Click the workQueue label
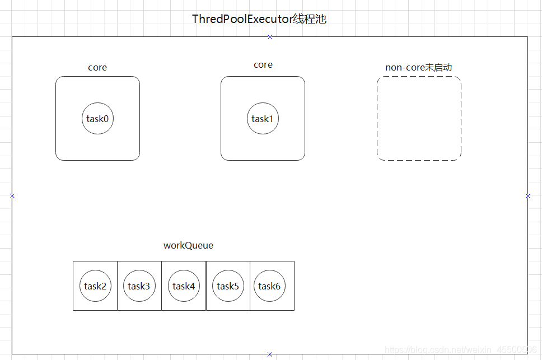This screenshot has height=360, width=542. pyautogui.click(x=188, y=245)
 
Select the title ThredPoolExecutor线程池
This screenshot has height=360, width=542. pyautogui.click(x=259, y=19)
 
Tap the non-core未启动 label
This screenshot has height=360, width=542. pyautogui.click(x=419, y=67)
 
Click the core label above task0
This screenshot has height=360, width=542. pyautogui.click(x=97, y=67)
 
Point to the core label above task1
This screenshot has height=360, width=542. pyautogui.click(x=263, y=64)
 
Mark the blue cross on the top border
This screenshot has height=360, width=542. pyautogui.click(x=270, y=37)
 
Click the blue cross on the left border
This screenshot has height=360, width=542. pyautogui.click(x=12, y=196)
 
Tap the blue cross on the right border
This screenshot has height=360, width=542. pyautogui.click(x=528, y=196)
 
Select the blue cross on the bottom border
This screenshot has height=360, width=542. pyautogui.click(x=270, y=354)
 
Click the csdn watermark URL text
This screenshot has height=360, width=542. pyautogui.click(x=461, y=349)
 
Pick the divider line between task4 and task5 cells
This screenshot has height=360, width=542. pyautogui.click(x=206, y=286)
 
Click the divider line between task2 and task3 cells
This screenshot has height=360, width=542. pyautogui.click(x=117, y=286)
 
